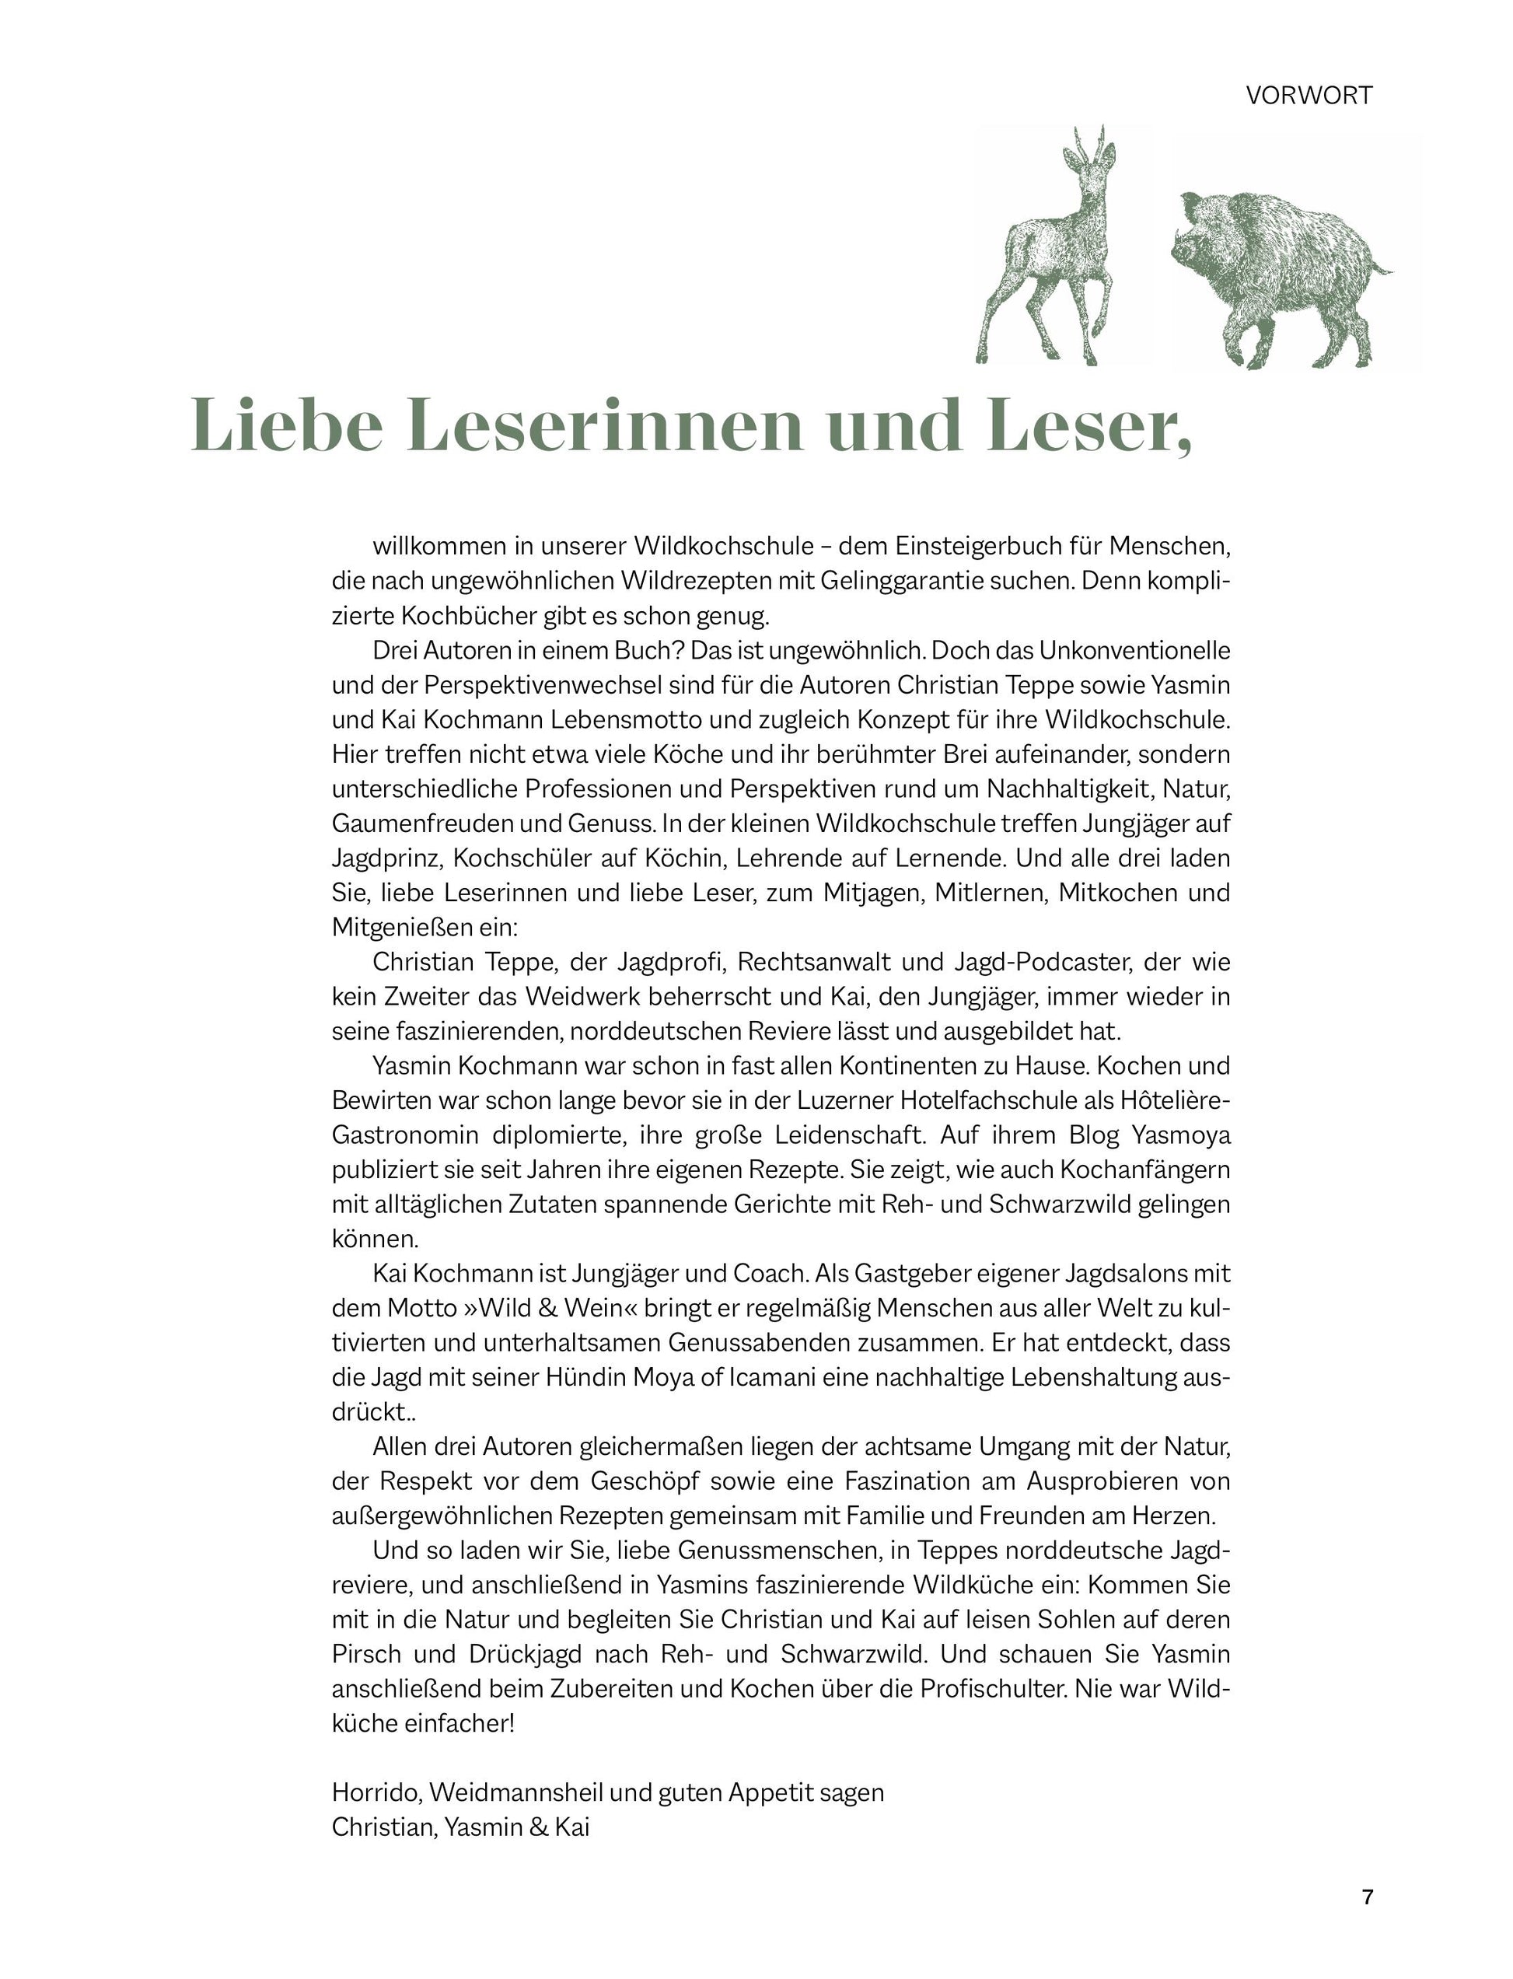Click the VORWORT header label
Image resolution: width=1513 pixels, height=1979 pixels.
(x=1309, y=96)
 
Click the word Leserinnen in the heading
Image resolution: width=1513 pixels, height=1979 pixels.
(x=603, y=425)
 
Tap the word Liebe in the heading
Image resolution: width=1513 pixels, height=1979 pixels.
(x=288, y=425)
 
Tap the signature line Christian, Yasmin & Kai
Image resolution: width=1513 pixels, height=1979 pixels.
(x=460, y=1827)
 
